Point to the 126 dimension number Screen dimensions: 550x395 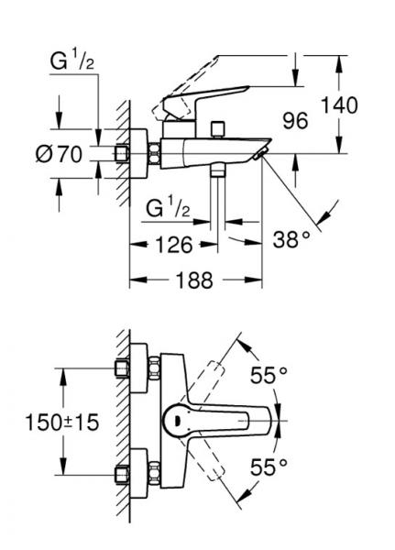171,245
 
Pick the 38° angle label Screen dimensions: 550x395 292,241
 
